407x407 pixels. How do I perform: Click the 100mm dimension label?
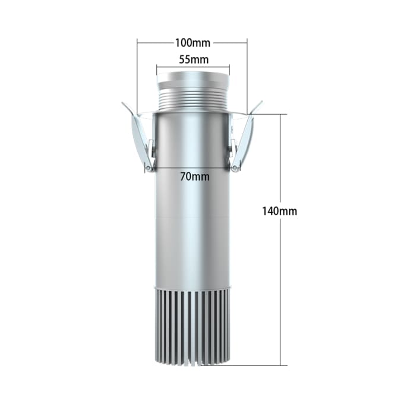[193, 43]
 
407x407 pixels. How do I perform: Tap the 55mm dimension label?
[194, 59]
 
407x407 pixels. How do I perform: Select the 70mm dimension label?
[195, 176]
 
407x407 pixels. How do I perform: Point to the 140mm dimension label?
[279, 211]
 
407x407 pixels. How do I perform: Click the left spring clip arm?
[141, 140]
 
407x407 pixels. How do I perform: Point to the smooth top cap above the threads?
[193, 80]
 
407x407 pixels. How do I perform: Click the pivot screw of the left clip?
[148, 168]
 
